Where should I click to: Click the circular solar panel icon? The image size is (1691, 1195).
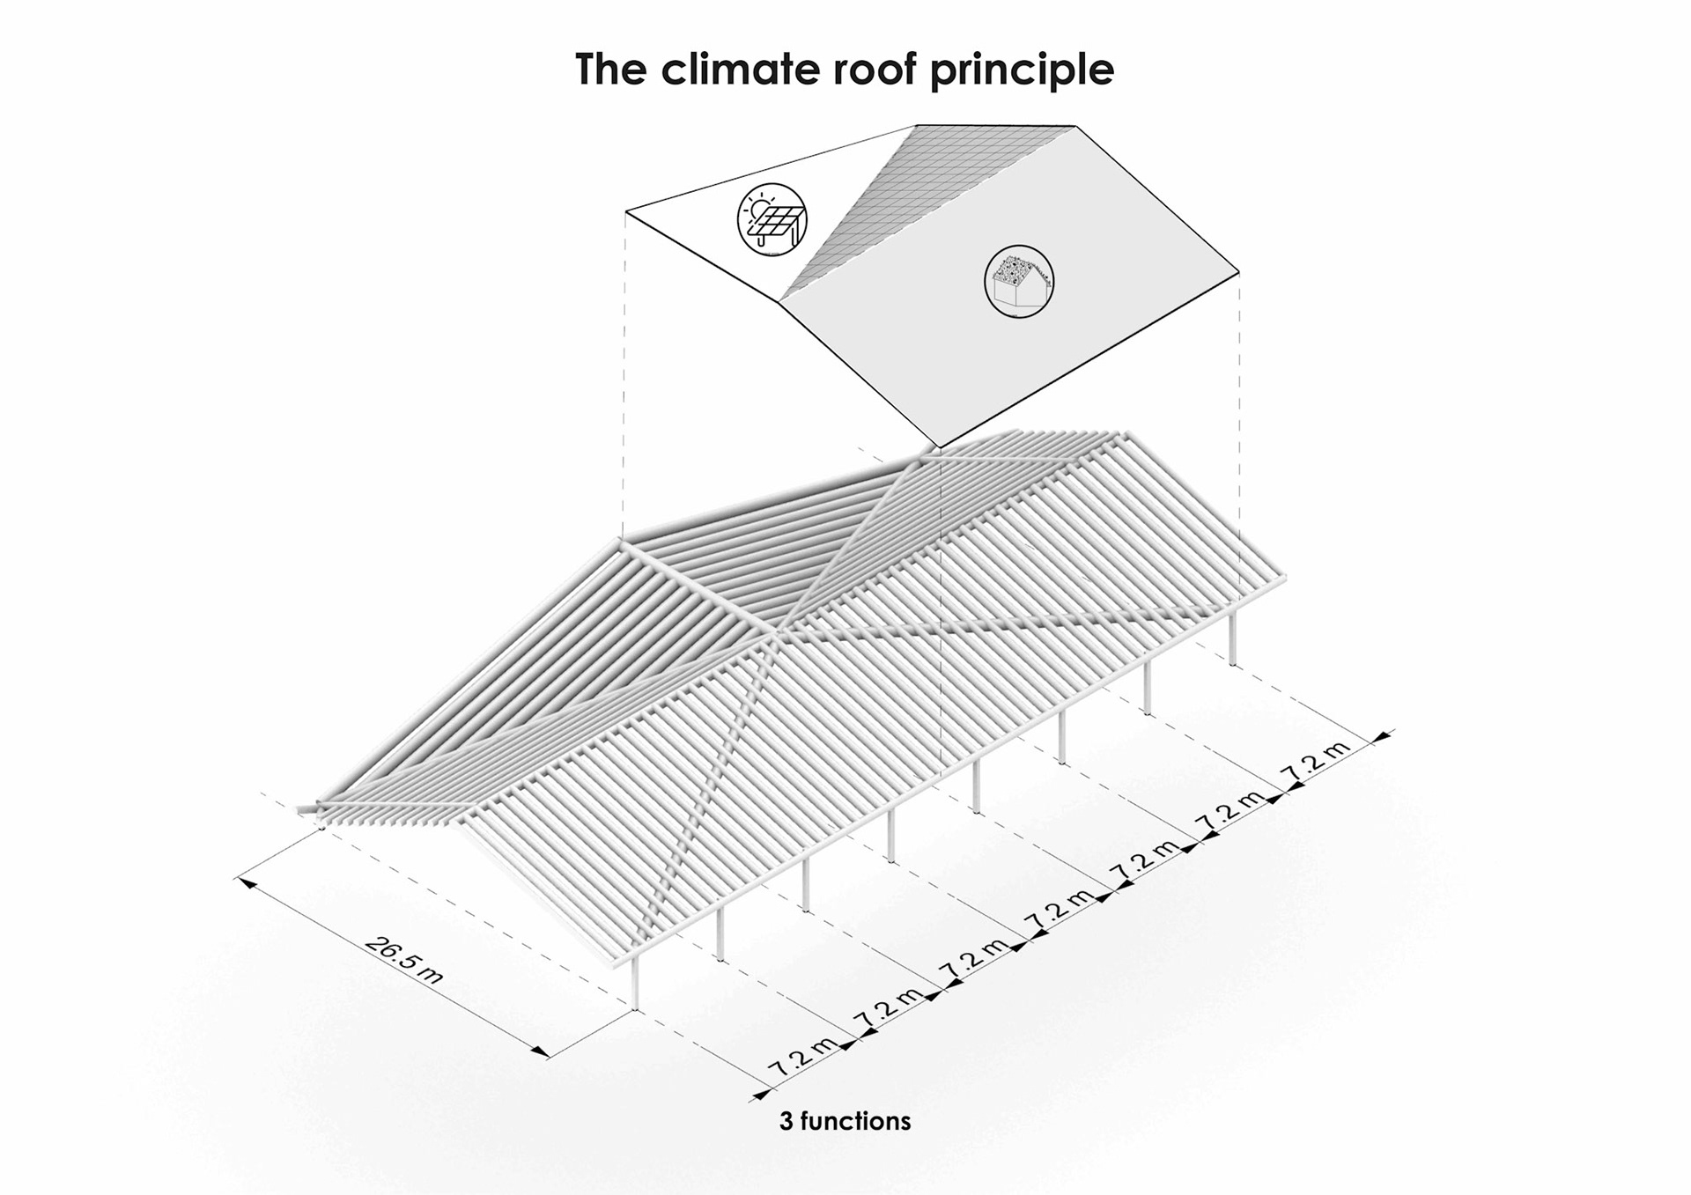coord(772,220)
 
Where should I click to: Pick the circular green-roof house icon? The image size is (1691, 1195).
coord(1019,281)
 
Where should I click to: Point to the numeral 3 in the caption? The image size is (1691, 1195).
coord(786,1121)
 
